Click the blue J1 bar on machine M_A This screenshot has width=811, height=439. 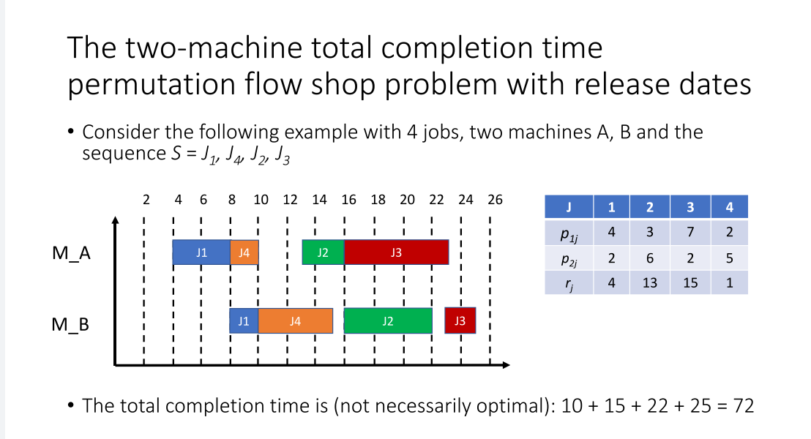(x=201, y=252)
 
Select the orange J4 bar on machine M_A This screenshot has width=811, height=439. (x=244, y=252)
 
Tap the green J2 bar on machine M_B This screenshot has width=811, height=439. (x=388, y=320)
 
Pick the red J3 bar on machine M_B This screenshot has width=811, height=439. (x=460, y=320)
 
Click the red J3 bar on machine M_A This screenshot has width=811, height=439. (x=396, y=252)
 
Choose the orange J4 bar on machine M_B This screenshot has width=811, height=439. (x=295, y=320)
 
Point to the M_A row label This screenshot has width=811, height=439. (x=72, y=253)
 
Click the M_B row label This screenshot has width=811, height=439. (x=70, y=324)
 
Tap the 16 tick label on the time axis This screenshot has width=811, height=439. (x=348, y=200)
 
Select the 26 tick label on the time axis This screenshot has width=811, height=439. (x=495, y=200)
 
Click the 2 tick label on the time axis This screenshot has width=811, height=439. (x=146, y=200)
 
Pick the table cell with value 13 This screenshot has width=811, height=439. (x=650, y=283)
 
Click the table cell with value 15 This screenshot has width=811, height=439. (x=690, y=283)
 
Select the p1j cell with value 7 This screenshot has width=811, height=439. (x=690, y=232)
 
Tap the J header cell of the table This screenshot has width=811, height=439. (x=569, y=207)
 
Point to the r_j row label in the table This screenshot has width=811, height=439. (x=569, y=283)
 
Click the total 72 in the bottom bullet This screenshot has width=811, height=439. (x=744, y=406)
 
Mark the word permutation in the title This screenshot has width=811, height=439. (x=151, y=84)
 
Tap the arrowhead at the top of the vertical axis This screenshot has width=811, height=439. (x=116, y=219)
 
